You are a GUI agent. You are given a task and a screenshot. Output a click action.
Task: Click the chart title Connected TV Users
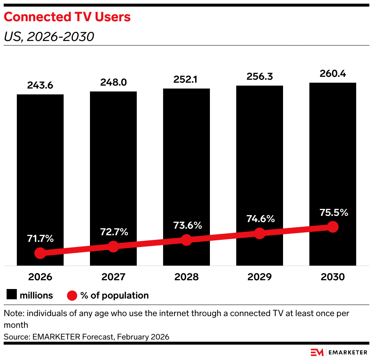click(x=67, y=17)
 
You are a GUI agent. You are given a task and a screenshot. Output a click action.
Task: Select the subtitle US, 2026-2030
click(x=49, y=37)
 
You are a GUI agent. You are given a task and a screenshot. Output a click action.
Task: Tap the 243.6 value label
click(x=40, y=85)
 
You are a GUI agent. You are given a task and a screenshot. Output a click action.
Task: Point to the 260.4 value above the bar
click(x=332, y=74)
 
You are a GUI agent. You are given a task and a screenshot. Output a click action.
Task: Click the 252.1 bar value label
click(x=185, y=79)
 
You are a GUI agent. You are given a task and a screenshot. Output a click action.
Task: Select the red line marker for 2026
click(x=40, y=253)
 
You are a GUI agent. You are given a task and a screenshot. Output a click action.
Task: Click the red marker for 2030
click(x=333, y=227)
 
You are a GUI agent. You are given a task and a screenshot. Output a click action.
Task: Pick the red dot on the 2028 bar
click(x=186, y=240)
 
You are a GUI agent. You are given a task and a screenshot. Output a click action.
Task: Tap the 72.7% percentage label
click(x=114, y=232)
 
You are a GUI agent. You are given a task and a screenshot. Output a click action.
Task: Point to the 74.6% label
click(x=260, y=219)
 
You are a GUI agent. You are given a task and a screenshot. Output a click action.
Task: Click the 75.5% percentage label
click(x=334, y=213)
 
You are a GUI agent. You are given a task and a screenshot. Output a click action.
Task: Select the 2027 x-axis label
click(x=113, y=277)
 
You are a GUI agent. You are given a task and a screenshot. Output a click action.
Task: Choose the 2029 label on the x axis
click(x=259, y=277)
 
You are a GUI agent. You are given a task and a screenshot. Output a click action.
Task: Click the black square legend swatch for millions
click(x=12, y=294)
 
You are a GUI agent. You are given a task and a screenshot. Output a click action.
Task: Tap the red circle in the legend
click(x=72, y=296)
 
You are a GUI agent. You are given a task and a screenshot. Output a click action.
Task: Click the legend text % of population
click(x=114, y=296)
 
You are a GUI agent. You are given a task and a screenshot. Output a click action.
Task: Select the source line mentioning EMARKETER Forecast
click(x=86, y=337)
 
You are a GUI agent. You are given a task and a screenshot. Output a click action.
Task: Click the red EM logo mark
click(x=317, y=352)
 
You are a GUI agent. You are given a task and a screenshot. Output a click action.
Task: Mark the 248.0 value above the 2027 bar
click(x=113, y=82)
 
